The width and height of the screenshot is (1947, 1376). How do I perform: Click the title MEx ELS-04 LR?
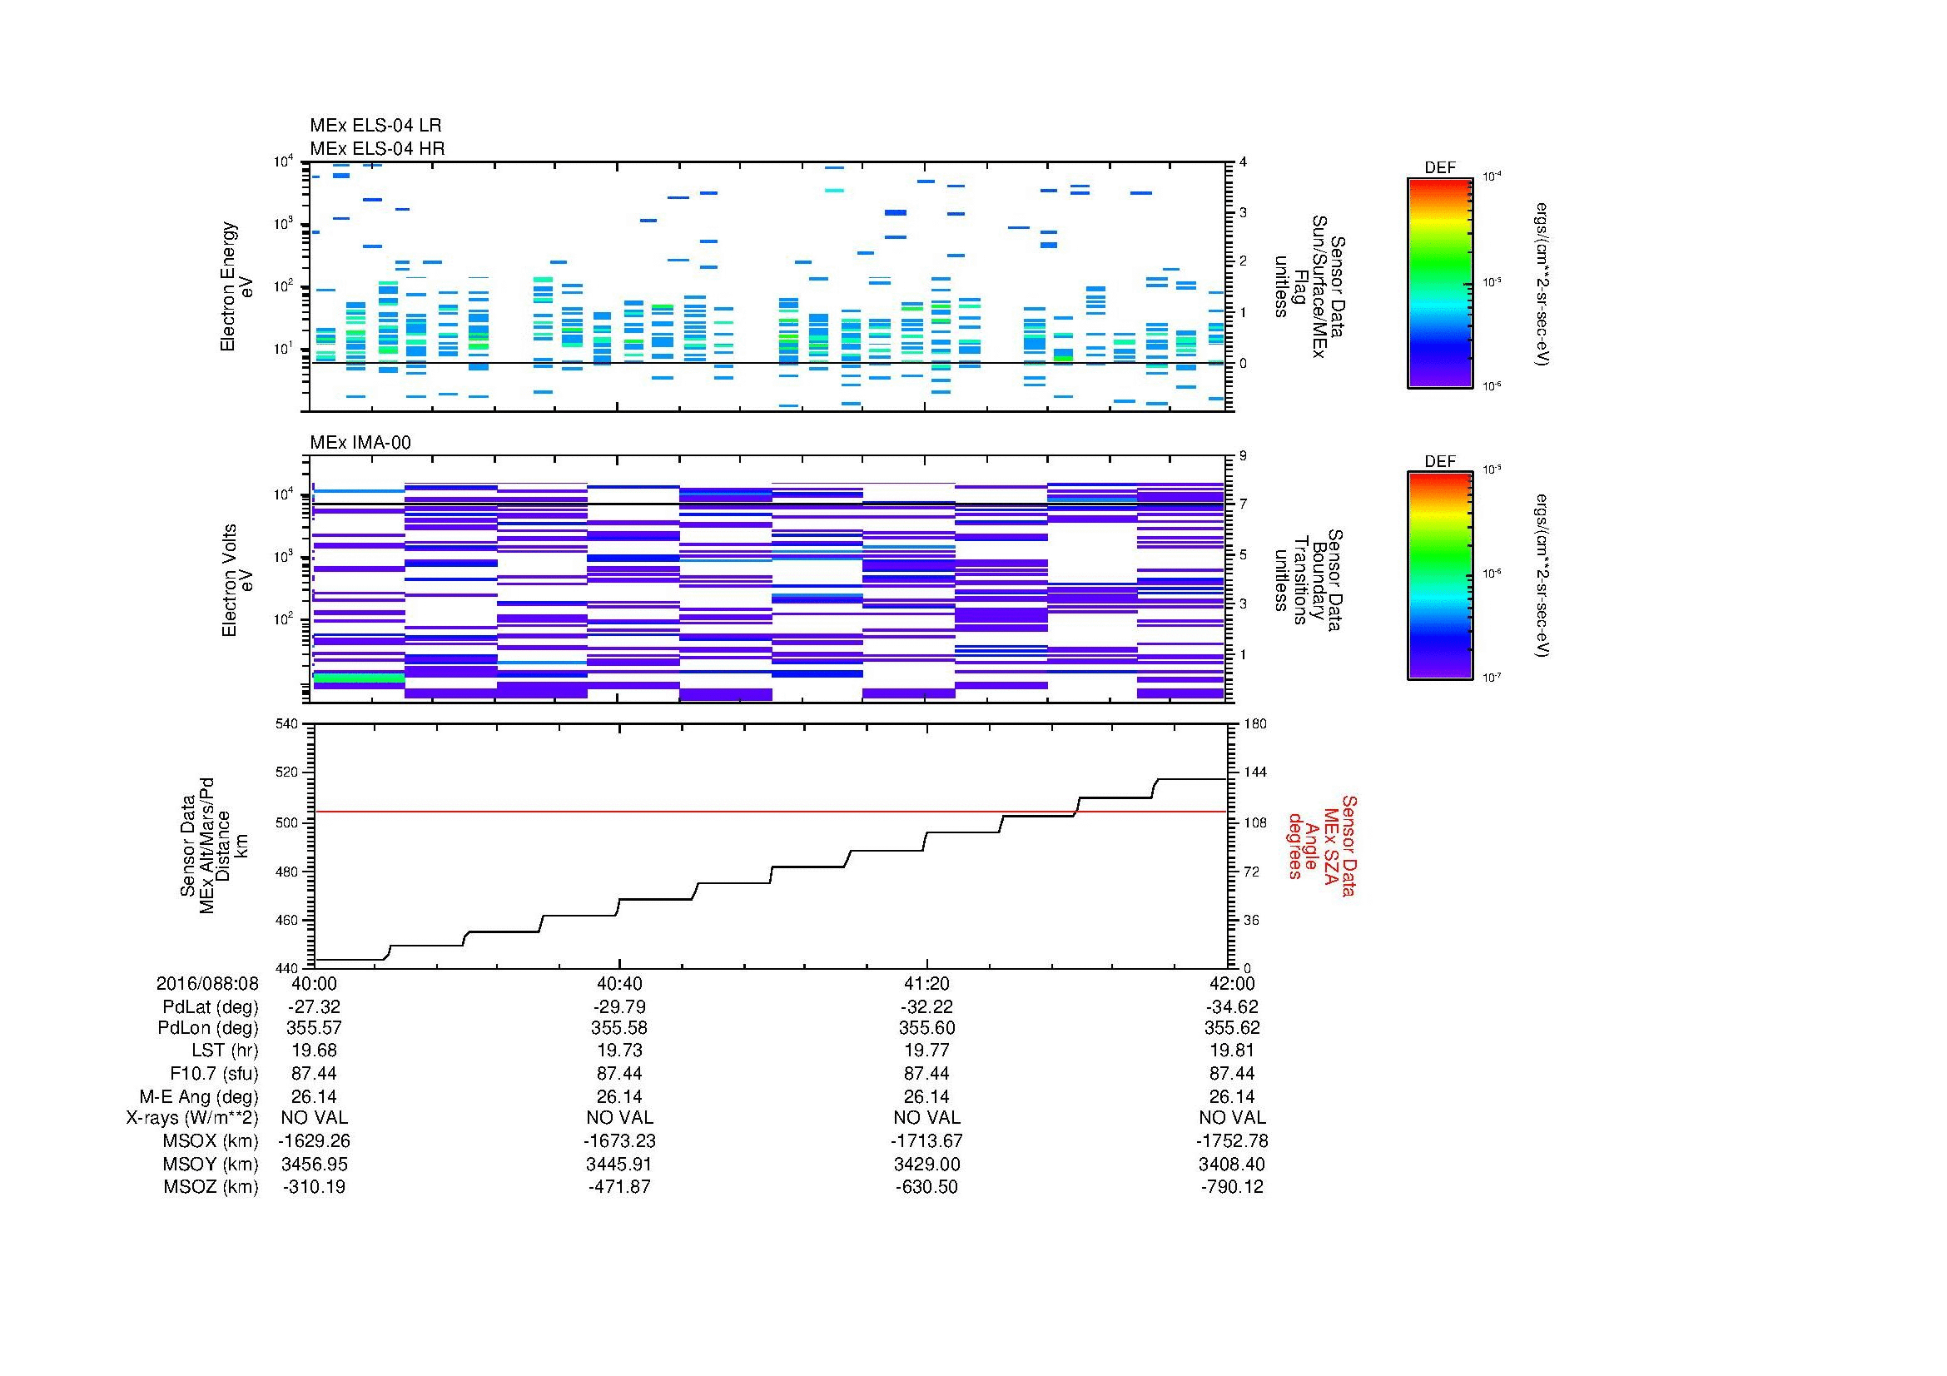tap(375, 126)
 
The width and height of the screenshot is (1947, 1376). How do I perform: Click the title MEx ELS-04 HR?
tap(376, 148)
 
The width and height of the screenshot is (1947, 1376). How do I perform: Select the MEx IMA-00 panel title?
tap(360, 443)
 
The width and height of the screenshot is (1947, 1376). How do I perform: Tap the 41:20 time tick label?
tap(926, 983)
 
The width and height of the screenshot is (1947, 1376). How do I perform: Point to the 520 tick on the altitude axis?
tap(287, 773)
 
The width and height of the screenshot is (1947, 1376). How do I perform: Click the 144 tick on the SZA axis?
tap(1254, 773)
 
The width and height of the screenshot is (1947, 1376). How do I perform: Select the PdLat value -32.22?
tap(926, 1006)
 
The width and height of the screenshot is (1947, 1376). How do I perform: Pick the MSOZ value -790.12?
tap(1231, 1187)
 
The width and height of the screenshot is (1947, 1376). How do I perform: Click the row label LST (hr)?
tap(225, 1051)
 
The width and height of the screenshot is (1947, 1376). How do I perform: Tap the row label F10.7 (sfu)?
tap(214, 1074)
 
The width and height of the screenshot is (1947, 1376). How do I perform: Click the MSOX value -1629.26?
tap(314, 1141)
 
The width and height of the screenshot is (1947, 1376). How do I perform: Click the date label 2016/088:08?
tap(207, 983)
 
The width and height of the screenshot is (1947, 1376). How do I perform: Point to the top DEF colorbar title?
tap(1439, 168)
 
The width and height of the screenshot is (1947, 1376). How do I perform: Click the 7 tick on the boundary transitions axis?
tap(1243, 504)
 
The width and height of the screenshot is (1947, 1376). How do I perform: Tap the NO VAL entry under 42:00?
tap(1231, 1118)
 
